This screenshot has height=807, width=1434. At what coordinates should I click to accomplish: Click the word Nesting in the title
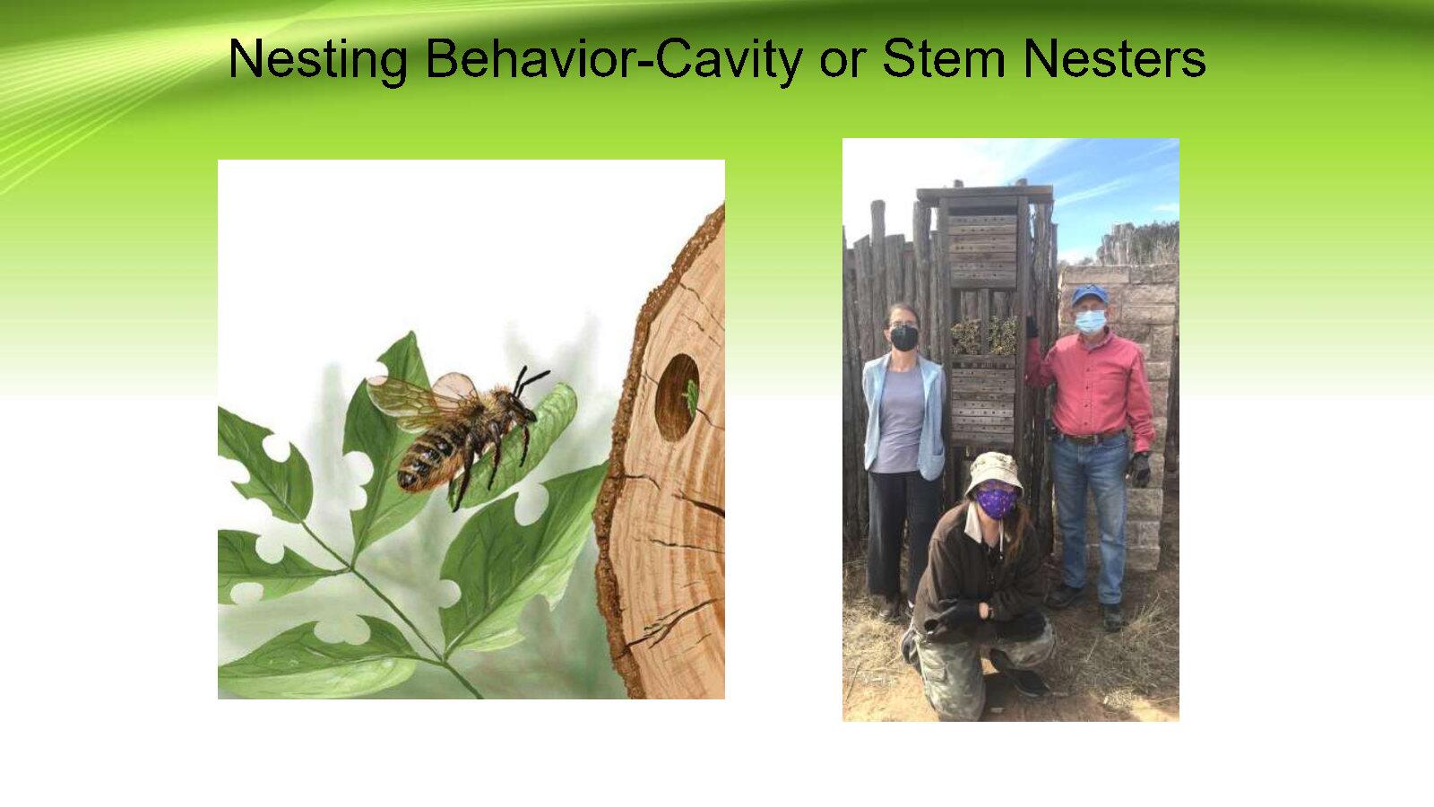click(318, 59)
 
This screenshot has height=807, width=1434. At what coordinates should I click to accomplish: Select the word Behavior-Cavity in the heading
click(614, 59)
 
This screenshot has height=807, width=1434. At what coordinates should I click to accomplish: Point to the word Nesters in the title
click(1115, 58)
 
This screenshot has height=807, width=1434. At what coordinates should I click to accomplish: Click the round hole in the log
click(677, 397)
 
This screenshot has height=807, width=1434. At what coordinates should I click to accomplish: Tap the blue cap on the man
click(1090, 295)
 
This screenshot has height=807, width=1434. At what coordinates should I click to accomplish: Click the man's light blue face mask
click(1090, 322)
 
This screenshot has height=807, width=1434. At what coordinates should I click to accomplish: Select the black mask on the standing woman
click(904, 338)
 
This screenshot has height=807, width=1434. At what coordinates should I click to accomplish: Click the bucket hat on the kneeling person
click(994, 472)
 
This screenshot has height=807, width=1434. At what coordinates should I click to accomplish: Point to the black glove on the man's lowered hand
click(1139, 470)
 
